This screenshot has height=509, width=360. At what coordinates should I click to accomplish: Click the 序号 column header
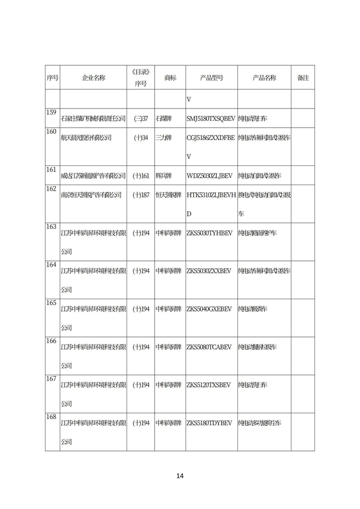[52, 78]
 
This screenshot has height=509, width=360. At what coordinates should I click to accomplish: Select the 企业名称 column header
[93, 78]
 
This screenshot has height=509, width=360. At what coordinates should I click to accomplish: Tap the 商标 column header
[170, 78]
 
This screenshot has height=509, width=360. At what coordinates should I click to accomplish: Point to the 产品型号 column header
[211, 78]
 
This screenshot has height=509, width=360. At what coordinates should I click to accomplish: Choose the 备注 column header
[303, 78]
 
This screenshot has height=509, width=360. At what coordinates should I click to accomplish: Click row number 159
[52, 112]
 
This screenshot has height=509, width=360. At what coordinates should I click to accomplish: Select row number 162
[52, 188]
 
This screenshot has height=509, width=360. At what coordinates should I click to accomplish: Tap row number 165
[52, 303]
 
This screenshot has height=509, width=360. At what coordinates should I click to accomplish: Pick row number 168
[52, 417]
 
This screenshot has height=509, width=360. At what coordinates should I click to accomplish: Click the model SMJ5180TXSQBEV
[211, 119]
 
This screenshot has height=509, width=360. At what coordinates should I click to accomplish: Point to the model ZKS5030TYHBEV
[209, 233]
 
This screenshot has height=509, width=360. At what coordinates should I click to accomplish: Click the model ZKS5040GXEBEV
[209, 309]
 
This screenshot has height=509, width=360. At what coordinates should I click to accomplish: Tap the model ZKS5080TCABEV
[209, 347]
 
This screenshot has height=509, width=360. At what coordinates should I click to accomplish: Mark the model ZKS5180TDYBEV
[209, 423]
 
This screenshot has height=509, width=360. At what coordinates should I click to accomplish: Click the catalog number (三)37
[141, 119]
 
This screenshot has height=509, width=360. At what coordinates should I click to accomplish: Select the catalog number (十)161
[141, 176]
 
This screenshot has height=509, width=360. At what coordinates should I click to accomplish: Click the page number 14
[180, 476]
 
